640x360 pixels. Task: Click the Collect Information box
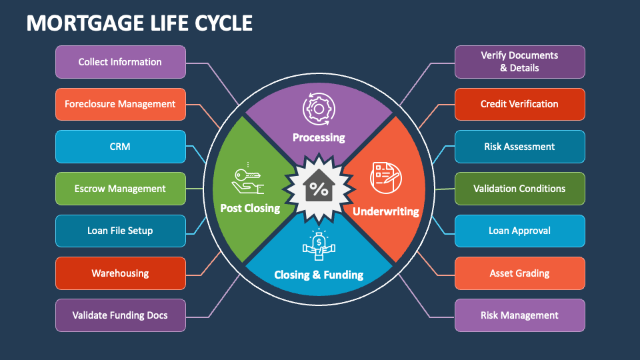(120, 62)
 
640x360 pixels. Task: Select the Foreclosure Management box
(120, 104)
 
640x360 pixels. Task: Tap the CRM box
(120, 147)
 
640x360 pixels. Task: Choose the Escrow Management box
(120, 189)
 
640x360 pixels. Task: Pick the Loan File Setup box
(120, 231)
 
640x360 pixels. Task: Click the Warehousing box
(120, 273)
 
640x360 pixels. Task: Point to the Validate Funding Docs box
(120, 315)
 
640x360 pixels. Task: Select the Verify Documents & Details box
(519, 62)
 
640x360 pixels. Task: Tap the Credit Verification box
(519, 104)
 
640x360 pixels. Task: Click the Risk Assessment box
(519, 147)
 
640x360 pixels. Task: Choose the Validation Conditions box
(519, 189)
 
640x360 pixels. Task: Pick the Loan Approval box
(519, 231)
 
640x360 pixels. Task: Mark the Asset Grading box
(519, 273)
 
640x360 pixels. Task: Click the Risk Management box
(519, 315)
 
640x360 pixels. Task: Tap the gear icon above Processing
(318, 109)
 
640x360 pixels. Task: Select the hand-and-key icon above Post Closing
(248, 179)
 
